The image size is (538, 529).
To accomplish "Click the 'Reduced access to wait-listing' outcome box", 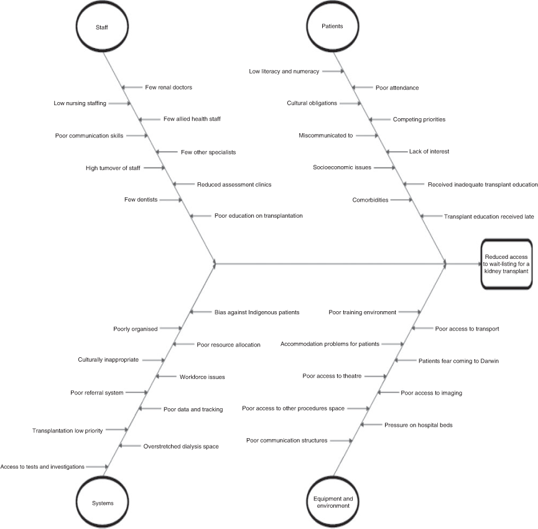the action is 506,264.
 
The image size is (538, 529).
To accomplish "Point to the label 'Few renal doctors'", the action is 169,88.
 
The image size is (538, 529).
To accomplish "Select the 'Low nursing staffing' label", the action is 80,103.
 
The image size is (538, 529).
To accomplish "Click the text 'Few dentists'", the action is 141,199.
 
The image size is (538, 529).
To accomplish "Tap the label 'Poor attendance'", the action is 397,88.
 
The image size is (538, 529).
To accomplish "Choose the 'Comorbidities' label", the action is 370,200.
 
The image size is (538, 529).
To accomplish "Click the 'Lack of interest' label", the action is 429,151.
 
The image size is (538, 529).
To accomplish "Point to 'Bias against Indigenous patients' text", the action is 257,312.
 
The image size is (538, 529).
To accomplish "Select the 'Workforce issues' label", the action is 202,377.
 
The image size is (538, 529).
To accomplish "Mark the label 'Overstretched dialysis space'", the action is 181,446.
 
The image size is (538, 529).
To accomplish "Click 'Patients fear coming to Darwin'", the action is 458,361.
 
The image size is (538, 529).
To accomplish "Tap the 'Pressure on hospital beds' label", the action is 418,425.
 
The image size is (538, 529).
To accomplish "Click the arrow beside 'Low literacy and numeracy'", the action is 333,72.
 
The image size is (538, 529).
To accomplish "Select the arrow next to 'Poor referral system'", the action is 137,392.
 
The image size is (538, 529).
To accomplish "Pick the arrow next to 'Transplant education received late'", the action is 431,216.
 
